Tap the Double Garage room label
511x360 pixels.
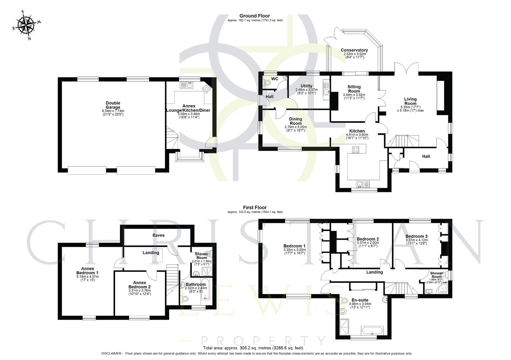pyautogui.click(x=113, y=105)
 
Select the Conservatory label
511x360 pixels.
pyautogui.click(x=354, y=50)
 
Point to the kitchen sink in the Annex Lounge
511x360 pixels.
pyautogui.click(x=187, y=86)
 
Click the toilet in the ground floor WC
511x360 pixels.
pyautogui.click(x=266, y=82)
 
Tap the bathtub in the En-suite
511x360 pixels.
pyautogui.click(x=372, y=332)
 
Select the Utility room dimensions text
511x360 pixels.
pyautogui.click(x=306, y=91)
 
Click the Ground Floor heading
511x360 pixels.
pyautogui.click(x=254, y=16)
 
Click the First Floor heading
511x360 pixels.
pyautogui.click(x=254, y=207)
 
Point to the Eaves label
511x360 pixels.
pyautogui.click(x=158, y=235)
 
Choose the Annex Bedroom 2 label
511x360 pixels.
pyautogui.click(x=140, y=285)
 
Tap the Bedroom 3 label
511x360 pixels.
pyautogui.click(x=416, y=236)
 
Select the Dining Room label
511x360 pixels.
pyautogui.click(x=295, y=121)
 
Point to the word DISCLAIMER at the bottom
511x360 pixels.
pyautogui.click(x=112, y=353)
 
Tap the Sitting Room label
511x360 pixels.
pyautogui.click(x=354, y=89)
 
